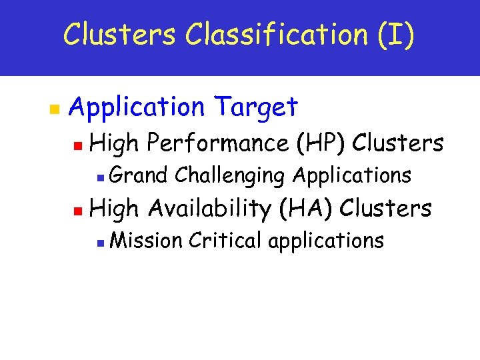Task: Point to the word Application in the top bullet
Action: (x=135, y=107)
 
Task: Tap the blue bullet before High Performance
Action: (x=77, y=144)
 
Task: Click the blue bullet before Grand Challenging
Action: (x=98, y=177)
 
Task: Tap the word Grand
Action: (x=138, y=175)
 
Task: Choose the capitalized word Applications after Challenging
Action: (x=352, y=175)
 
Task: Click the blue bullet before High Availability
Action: (x=77, y=209)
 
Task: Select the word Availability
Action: (x=209, y=208)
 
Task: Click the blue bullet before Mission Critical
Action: (x=98, y=241)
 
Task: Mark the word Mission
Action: (x=145, y=240)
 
